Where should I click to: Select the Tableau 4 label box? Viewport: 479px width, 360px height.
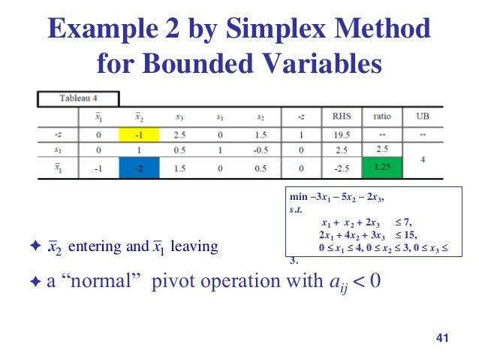(79, 98)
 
